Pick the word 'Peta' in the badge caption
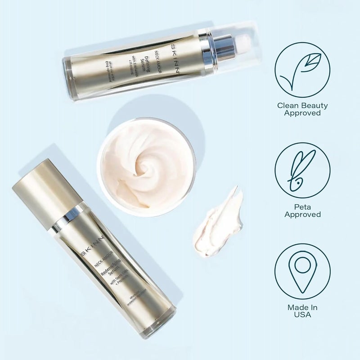point(302,207)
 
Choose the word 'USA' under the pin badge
point(302,315)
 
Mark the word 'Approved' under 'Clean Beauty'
point(302,113)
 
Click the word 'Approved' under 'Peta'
point(302,215)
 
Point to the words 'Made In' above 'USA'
point(302,307)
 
